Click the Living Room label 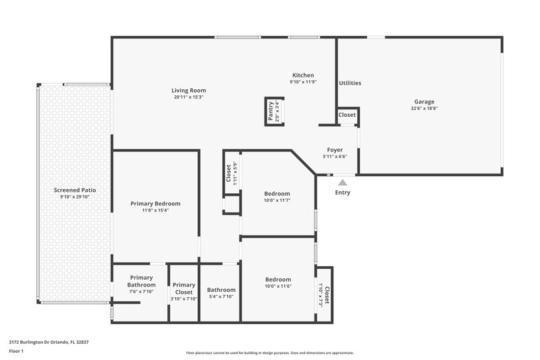(188, 91)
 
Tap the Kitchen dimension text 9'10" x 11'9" (303, 82)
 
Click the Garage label (424, 102)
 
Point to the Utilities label (350, 83)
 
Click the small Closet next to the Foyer (347, 115)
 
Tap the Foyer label (335, 150)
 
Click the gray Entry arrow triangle (343, 182)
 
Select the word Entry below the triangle (343, 192)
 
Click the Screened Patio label (75, 190)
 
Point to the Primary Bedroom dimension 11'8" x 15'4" (155, 210)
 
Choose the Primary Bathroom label (142, 281)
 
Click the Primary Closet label (184, 288)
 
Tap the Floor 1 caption (16, 352)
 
